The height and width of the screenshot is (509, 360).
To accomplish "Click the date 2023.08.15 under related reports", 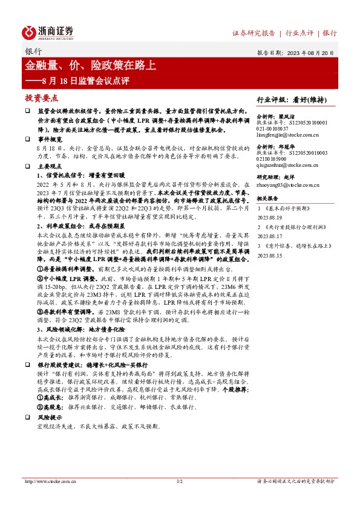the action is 269,256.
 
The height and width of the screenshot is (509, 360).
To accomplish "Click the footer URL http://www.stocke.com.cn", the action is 49,481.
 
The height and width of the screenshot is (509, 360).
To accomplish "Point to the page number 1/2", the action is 179,481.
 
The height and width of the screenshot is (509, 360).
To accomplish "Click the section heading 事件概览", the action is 50,138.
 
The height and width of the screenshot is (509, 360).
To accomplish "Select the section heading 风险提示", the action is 50,417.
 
